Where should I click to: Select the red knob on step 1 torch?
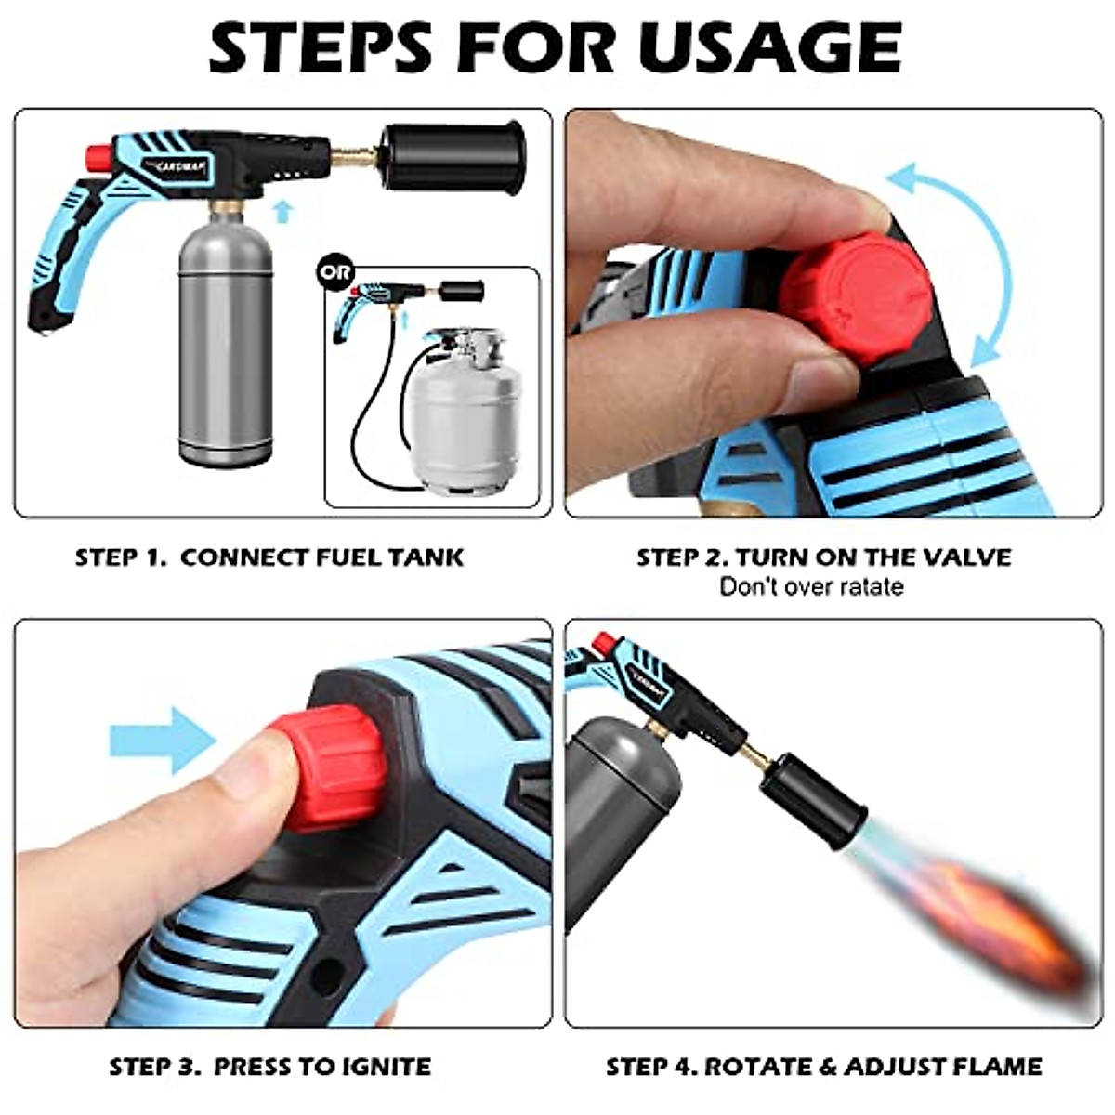96,155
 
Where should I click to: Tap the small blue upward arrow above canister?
284,213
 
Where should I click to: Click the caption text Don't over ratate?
811,586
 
